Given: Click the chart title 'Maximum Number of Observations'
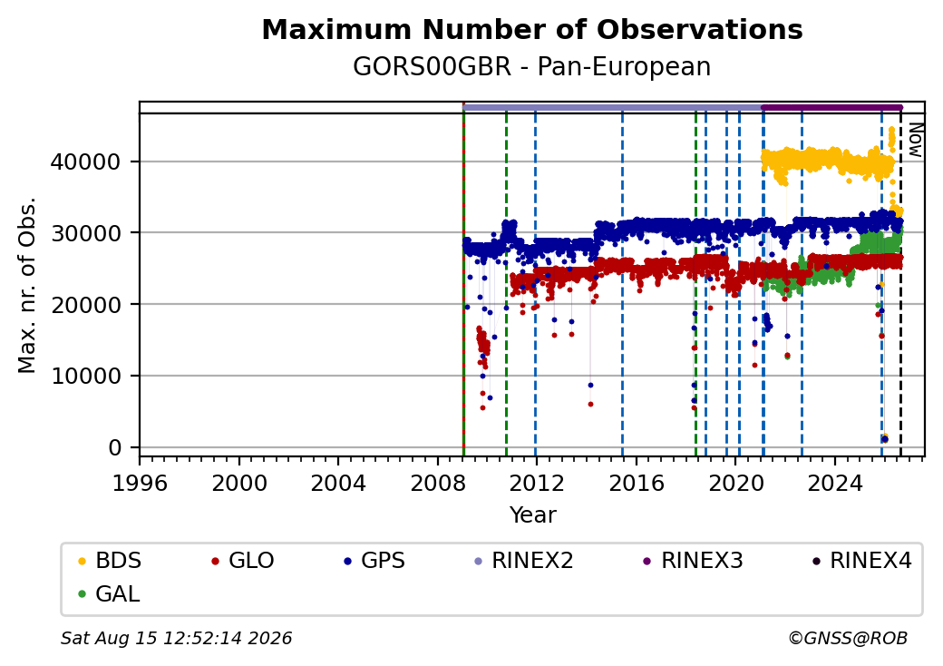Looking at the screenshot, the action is (x=532, y=29).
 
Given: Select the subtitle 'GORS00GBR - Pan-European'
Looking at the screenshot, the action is (x=531, y=66).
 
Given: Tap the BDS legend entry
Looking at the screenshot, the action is (x=110, y=561).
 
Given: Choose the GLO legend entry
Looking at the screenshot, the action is (x=242, y=561).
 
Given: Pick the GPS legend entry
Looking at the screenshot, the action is (x=374, y=561).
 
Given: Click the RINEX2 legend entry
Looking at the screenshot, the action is (x=523, y=561).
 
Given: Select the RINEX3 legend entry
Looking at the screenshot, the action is (x=693, y=561).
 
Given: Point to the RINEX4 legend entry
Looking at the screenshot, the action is (x=861, y=561).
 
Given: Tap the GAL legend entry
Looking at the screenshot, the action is (x=109, y=593).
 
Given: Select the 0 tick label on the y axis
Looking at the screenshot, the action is (x=115, y=447).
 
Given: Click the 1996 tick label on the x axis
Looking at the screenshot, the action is (x=140, y=483).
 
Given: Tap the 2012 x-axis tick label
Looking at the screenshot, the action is (x=536, y=483).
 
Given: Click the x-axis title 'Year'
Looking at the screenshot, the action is (x=533, y=515).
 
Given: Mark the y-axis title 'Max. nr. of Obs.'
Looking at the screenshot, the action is (x=27, y=285).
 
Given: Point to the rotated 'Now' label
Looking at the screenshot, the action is (x=915, y=140).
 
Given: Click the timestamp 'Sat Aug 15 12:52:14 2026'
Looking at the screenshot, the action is (x=176, y=638).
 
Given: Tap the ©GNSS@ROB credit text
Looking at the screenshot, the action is (x=848, y=638).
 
